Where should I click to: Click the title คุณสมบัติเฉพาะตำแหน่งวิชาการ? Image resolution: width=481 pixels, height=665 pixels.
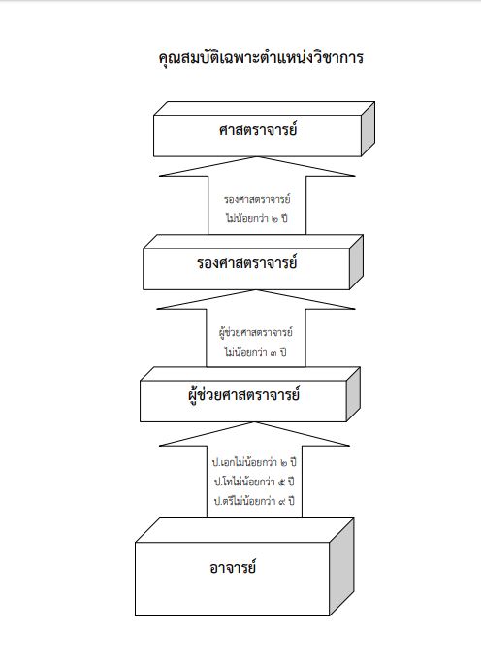261,58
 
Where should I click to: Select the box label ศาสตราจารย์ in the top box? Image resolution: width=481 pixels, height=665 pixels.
258,130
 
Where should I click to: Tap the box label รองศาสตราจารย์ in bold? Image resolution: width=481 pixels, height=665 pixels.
246,263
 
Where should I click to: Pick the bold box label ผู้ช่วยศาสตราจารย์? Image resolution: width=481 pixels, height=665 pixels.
243,395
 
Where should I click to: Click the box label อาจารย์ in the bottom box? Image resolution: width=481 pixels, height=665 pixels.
233,568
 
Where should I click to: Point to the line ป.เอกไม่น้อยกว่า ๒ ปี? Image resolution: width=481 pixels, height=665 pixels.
254,462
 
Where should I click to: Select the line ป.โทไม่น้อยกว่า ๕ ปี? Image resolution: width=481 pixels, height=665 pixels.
254,482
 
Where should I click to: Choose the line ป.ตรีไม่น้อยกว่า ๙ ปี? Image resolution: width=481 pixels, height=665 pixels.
254,501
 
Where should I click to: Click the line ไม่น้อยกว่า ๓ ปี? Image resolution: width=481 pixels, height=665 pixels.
256,352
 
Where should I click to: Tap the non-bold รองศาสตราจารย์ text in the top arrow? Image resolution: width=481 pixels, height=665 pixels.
257,199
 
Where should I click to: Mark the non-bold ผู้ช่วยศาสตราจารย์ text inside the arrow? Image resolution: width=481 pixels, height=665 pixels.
256,332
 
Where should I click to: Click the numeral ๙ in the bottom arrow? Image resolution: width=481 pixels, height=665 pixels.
282,502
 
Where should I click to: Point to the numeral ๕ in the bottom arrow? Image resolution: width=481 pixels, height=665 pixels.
282,482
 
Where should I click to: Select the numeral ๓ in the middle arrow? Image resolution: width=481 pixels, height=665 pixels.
274,352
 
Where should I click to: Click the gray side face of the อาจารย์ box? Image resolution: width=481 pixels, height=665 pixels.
341,567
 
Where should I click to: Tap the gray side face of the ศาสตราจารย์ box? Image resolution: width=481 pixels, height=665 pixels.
368,129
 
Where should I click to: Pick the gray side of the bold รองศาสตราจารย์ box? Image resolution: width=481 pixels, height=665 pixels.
357,262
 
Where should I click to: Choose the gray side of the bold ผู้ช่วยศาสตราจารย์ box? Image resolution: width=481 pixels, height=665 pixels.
353,394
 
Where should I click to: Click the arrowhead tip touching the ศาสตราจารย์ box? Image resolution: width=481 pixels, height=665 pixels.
257,157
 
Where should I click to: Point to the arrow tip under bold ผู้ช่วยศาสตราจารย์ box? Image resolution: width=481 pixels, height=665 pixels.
254,422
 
